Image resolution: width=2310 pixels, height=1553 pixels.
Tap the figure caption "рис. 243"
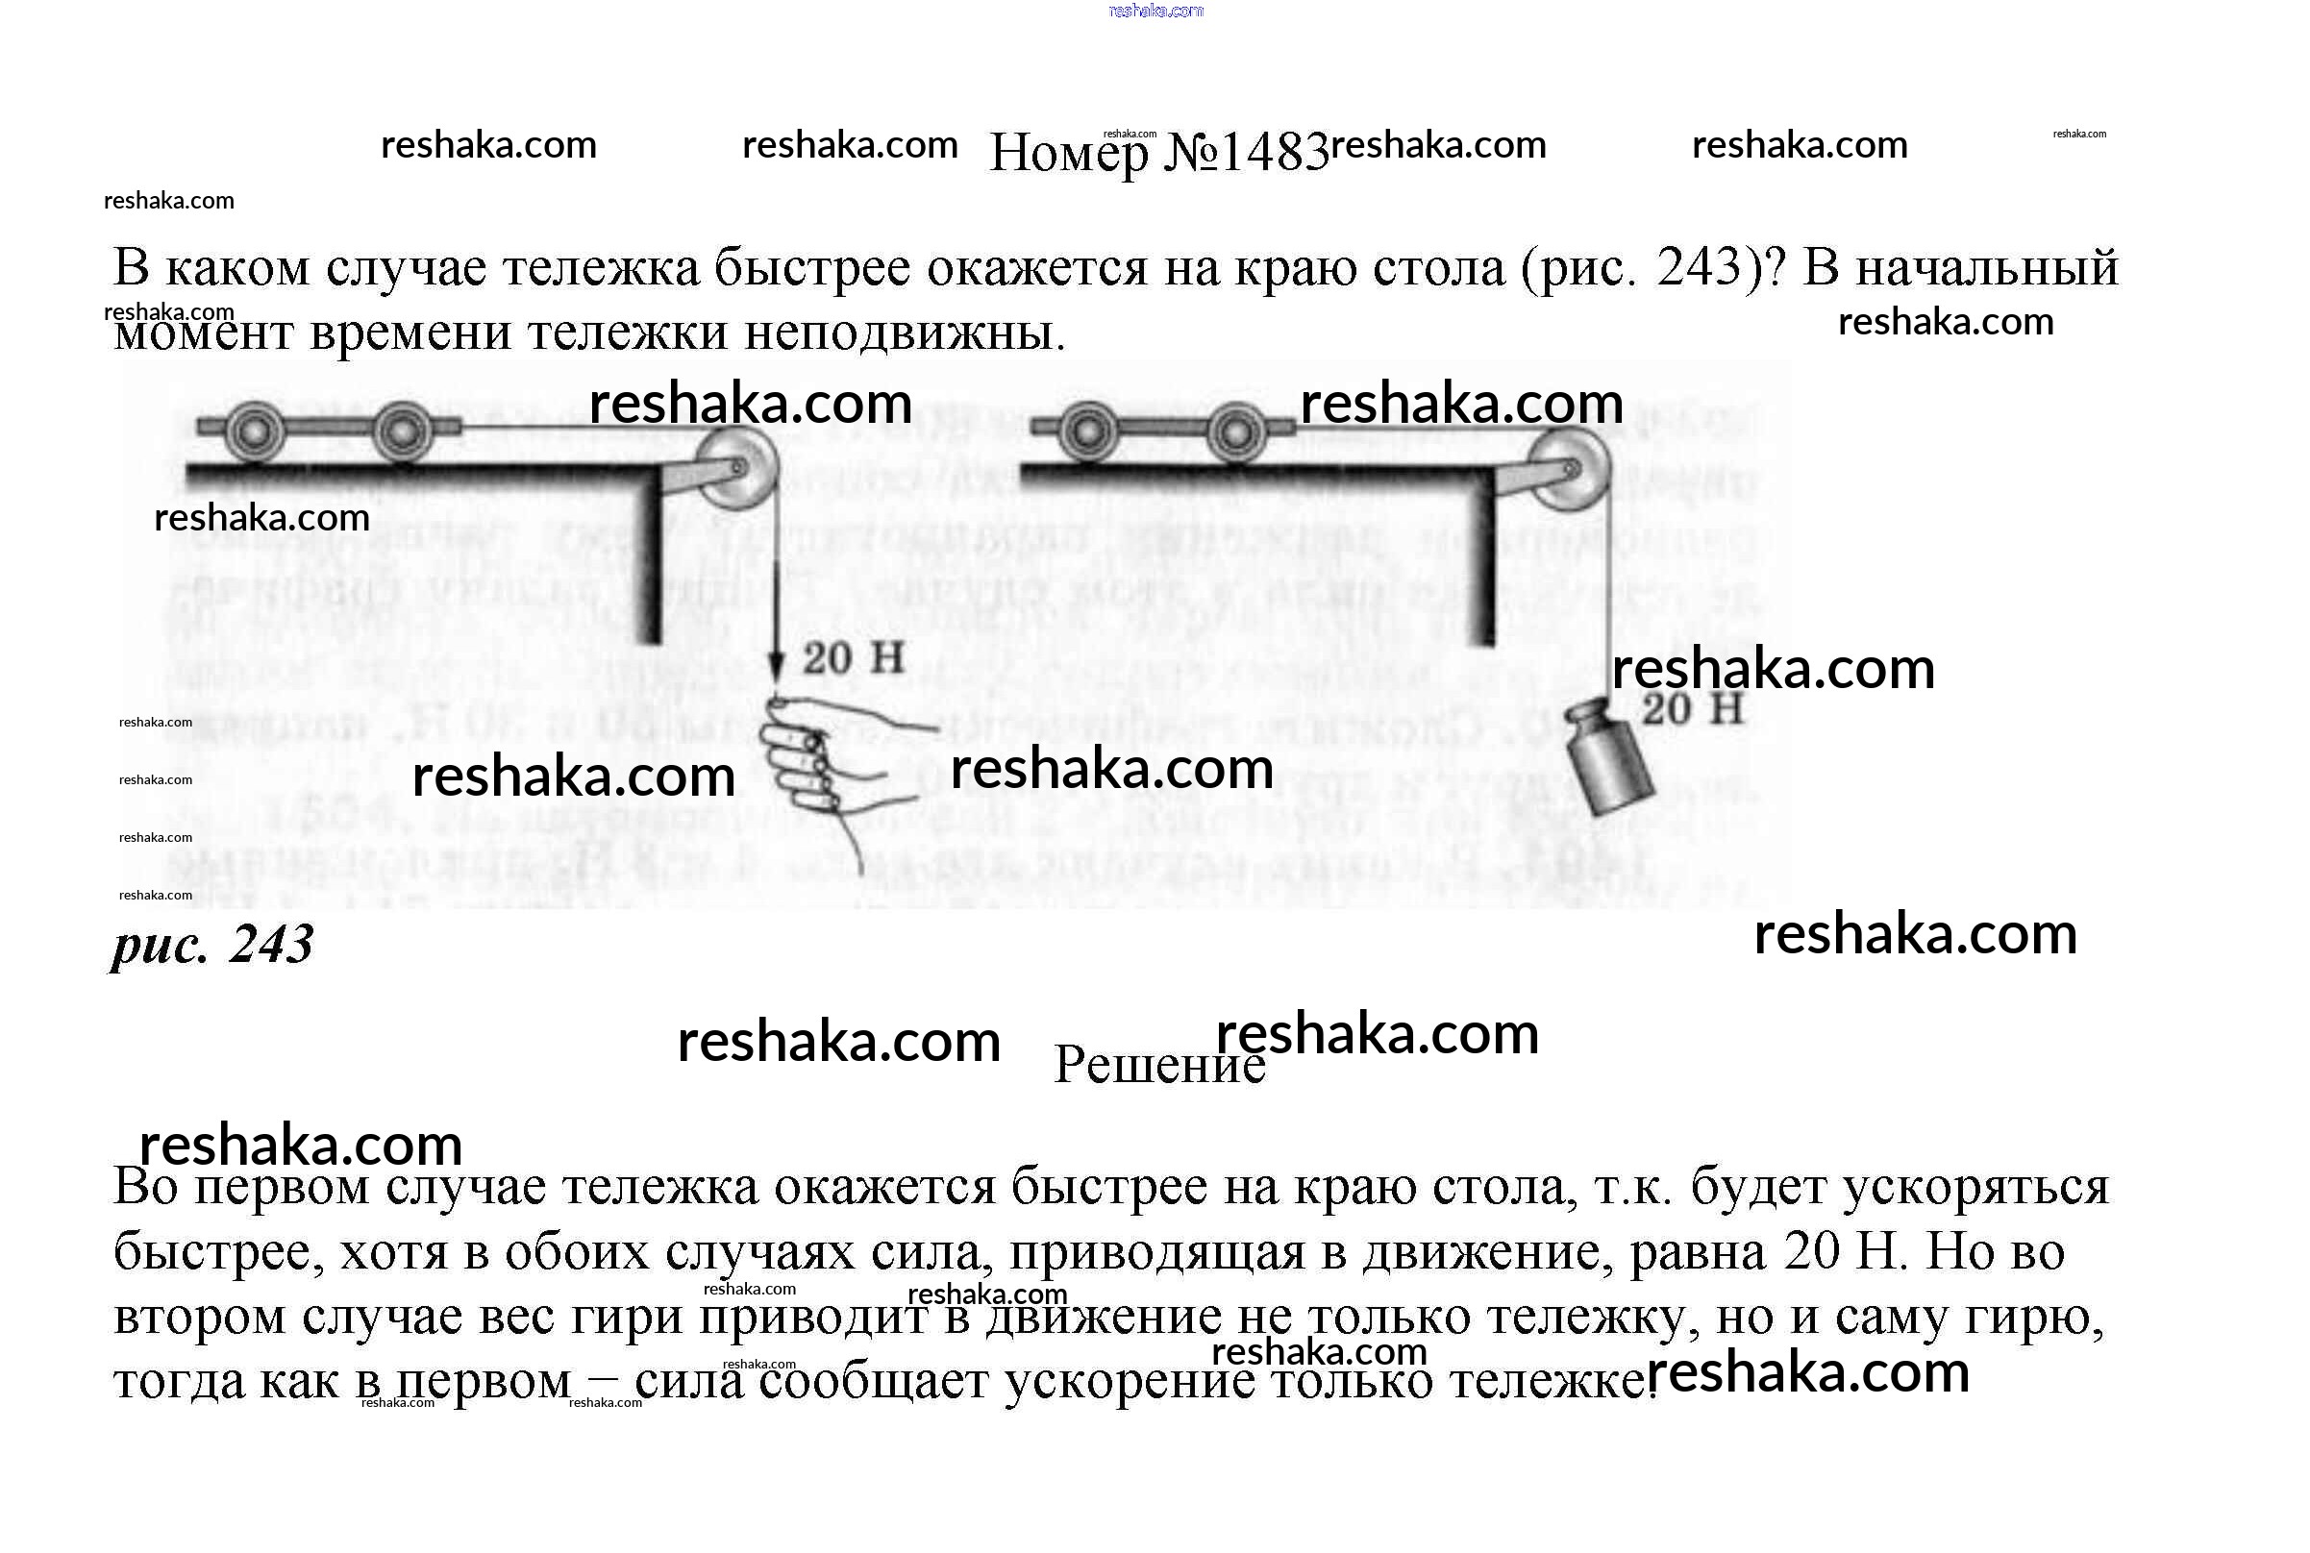pyautogui.click(x=212, y=944)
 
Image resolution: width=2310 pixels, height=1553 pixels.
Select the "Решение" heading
pyautogui.click(x=1158, y=1066)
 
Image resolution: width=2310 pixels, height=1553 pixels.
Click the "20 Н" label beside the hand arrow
pyautogui.click(x=853, y=658)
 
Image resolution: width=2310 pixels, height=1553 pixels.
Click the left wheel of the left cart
pyautogui.click(x=256, y=431)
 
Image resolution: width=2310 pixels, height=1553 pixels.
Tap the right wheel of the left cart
pyautogui.click(x=402, y=431)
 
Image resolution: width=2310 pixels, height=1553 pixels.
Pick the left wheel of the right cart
pyautogui.click(x=1088, y=431)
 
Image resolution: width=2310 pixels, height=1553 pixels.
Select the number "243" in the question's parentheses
pyautogui.click(x=1699, y=267)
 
